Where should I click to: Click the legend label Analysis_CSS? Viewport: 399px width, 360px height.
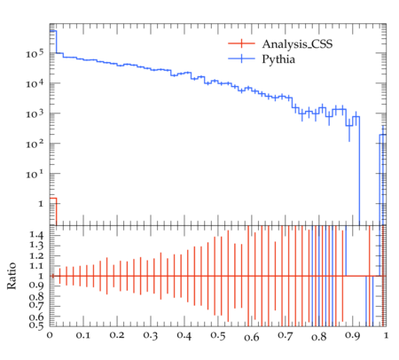pos(297,44)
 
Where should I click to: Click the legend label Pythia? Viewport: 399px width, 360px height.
pos(278,59)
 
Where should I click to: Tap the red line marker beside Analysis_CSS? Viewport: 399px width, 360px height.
pos(241,43)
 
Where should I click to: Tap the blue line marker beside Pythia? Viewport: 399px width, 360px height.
pos(241,59)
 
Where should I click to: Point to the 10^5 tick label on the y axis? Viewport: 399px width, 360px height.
pos(35,54)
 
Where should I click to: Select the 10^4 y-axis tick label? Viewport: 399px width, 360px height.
pos(35,84)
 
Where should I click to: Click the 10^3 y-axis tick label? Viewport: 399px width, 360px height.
pos(35,113)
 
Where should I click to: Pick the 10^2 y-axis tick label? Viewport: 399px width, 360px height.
pos(35,144)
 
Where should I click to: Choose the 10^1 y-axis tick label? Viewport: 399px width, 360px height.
pos(35,174)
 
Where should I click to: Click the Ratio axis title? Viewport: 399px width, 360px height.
pos(12,276)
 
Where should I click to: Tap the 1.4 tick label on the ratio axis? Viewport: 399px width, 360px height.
pos(36,235)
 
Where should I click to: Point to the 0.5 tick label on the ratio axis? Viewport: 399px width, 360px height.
pos(36,325)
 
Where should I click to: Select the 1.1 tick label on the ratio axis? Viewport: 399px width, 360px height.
pos(36,266)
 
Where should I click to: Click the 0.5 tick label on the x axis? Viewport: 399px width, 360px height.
pos(218,335)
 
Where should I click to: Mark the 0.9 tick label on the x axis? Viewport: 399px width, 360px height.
pos(353,335)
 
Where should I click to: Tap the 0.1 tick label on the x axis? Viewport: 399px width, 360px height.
pos(83,335)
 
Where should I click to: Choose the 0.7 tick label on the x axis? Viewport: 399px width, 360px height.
pos(286,335)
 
